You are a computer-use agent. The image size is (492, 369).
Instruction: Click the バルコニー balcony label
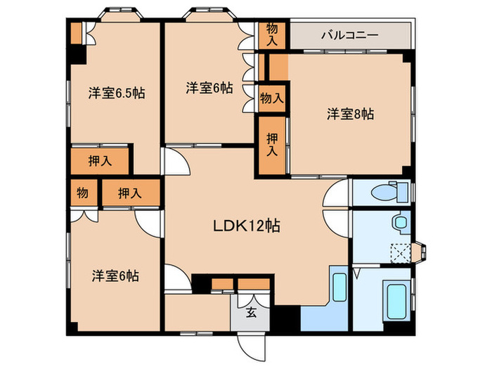click(349, 35)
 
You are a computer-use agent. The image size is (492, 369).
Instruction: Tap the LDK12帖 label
click(247, 226)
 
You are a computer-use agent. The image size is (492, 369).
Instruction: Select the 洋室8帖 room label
click(351, 114)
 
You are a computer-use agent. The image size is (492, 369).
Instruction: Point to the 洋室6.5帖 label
click(117, 93)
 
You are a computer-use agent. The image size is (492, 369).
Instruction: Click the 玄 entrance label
click(251, 312)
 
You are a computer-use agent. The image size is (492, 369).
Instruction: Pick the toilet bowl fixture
click(389, 191)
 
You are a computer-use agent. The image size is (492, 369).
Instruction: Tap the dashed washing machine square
click(401, 253)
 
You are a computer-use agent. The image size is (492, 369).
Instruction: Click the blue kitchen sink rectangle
click(339, 287)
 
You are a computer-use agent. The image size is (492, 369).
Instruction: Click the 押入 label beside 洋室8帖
click(272, 145)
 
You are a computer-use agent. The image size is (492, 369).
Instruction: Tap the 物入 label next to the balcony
click(272, 35)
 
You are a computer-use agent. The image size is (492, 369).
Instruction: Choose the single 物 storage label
click(82, 193)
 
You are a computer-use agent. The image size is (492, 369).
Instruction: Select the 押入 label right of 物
click(129, 193)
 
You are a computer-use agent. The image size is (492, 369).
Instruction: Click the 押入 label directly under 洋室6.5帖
click(100, 161)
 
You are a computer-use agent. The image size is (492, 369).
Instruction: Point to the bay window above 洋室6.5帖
click(120, 15)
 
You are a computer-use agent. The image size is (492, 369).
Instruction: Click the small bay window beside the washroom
click(420, 251)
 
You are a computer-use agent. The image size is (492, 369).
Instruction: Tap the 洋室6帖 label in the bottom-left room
click(115, 276)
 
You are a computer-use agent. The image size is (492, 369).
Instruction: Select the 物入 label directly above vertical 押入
click(272, 98)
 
